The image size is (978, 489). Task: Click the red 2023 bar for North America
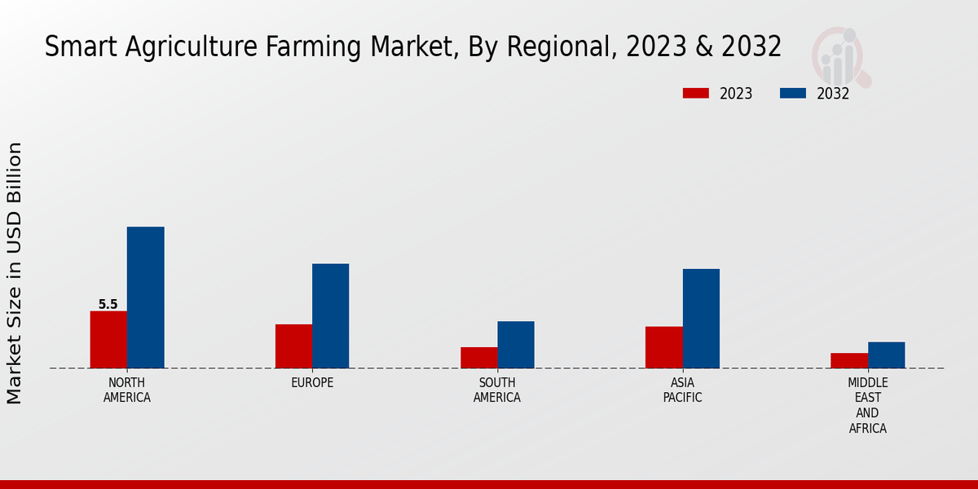108,339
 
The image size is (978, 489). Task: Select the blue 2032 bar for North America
145,297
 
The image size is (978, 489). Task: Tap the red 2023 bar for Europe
293,346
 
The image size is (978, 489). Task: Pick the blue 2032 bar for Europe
330,315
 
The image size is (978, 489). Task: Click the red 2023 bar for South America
478,358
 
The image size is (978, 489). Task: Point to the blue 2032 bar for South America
516,345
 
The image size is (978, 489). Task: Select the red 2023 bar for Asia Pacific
663,347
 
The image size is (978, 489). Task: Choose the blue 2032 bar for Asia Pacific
701,319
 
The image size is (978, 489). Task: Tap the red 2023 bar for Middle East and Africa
849,360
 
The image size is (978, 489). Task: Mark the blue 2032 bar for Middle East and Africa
886,355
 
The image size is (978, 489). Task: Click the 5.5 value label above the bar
108,305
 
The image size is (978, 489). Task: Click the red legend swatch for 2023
695,93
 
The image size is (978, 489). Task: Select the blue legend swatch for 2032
792,93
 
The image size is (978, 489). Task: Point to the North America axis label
127,390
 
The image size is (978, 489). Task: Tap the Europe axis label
312,383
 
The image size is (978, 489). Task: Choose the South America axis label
497,390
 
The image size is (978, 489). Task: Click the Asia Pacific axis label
682,390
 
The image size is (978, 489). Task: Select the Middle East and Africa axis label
868,405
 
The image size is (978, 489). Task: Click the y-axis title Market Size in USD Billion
15,273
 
